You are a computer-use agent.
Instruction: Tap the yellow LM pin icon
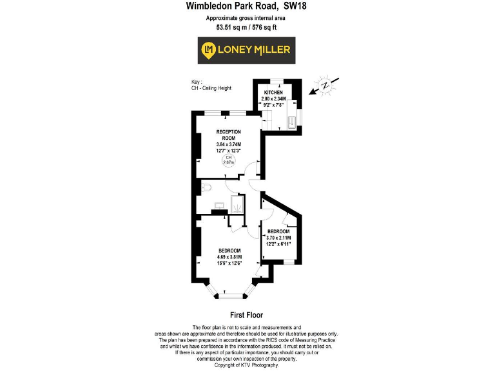pos(208,50)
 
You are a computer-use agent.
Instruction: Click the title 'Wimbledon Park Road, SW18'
pos(246,6)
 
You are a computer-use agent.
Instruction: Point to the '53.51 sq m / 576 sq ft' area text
pos(246,27)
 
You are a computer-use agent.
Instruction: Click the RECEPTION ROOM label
pos(228,135)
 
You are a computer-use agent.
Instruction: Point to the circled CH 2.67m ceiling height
pos(228,160)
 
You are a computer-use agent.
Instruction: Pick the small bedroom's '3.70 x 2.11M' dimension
pos(279,238)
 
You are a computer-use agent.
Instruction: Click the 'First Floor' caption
pos(246,316)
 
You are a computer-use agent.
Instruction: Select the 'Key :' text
pos(197,82)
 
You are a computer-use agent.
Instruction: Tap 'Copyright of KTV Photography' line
pos(246,365)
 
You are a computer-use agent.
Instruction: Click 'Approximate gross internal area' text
pos(246,18)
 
